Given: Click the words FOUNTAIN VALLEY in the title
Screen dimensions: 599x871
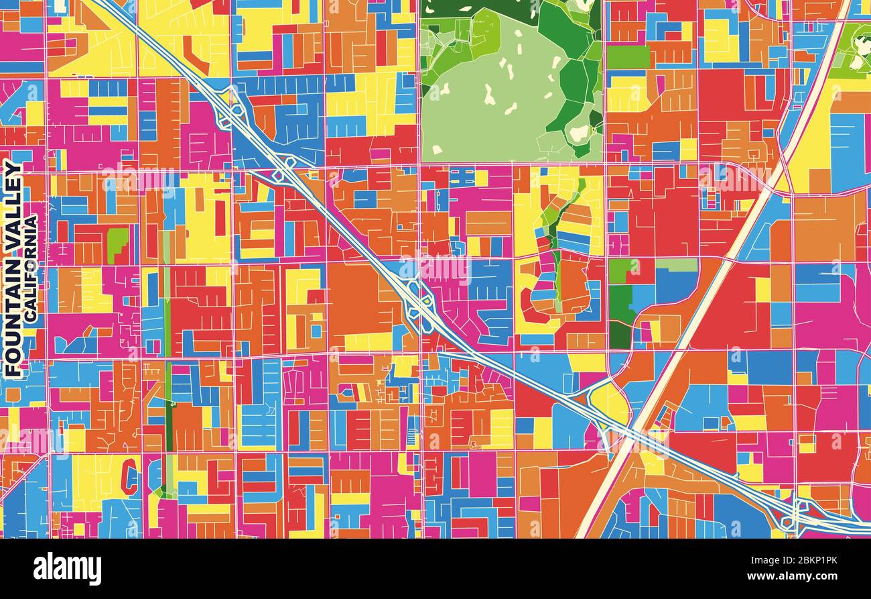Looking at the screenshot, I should (13, 268).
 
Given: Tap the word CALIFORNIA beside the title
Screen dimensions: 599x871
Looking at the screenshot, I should (31, 268).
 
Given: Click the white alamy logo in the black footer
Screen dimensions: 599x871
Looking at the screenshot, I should (67, 569).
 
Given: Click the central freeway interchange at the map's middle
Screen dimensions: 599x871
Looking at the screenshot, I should (418, 306).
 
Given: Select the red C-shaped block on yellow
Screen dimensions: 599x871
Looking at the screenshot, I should (130, 479).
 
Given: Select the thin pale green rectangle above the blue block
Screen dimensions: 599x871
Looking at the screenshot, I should (677, 264).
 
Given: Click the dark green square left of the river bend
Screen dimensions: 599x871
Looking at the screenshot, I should (620, 315).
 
